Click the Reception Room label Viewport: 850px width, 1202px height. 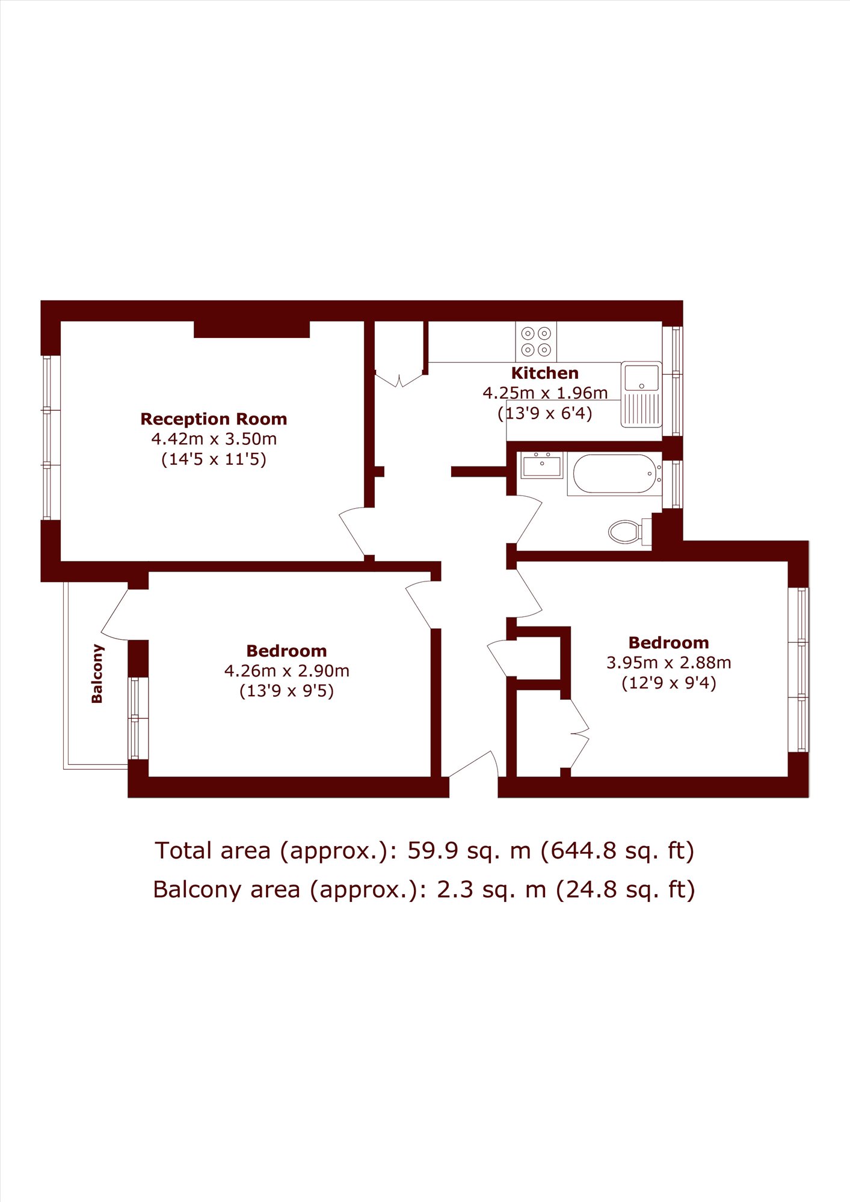[x=214, y=419]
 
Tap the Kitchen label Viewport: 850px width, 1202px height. [x=545, y=373]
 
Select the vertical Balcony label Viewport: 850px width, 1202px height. [x=97, y=673]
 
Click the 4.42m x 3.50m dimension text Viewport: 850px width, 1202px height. [x=214, y=439]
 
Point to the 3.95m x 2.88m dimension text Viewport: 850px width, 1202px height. [x=669, y=663]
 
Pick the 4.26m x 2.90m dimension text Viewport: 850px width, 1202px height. [x=287, y=670]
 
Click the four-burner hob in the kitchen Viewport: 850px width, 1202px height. [x=536, y=342]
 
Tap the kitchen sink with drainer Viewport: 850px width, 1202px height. [x=641, y=394]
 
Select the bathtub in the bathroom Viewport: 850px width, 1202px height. [x=615, y=474]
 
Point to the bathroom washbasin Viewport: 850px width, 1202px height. [x=542, y=465]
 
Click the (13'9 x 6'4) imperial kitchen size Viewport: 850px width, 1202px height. [x=545, y=413]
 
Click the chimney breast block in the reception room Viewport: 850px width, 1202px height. [x=251, y=330]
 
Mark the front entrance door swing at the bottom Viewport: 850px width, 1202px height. [x=474, y=765]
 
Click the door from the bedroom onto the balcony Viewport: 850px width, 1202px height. [x=115, y=615]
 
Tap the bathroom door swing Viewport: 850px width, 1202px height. [x=529, y=519]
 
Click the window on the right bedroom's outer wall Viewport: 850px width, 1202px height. [x=799, y=670]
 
